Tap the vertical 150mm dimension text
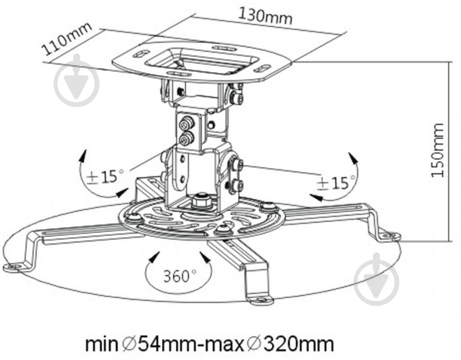438,150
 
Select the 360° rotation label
180,276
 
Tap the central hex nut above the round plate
201,201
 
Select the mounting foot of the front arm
260,300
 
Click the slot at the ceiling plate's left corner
141,54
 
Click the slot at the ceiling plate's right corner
262,68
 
